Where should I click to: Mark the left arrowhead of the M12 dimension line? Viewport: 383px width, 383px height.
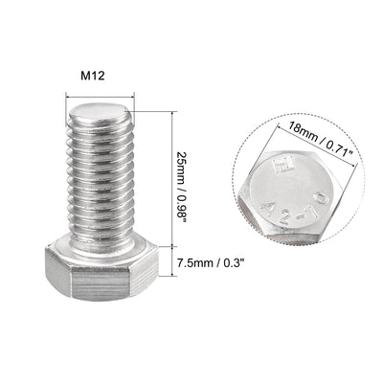pos(68,93)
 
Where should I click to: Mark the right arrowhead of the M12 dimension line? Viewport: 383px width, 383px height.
pos(133,93)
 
